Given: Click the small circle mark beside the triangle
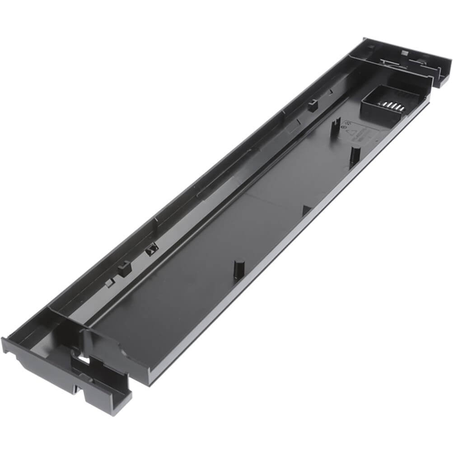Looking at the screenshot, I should click(x=347, y=128).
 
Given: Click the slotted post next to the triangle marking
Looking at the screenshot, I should click(x=335, y=126).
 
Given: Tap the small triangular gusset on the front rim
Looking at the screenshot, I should click(x=306, y=210).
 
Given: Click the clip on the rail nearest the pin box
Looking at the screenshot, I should click(x=313, y=106).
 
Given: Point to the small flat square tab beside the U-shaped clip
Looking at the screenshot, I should click(x=109, y=283).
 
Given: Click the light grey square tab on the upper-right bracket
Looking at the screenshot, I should click(x=405, y=53).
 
